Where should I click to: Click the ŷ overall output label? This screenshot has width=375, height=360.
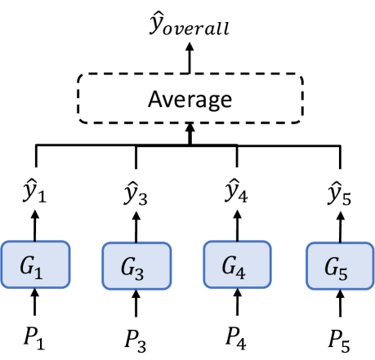pos(190,27)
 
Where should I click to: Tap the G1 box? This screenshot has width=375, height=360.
pos(36,265)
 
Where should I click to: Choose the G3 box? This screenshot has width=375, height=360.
pos(136,266)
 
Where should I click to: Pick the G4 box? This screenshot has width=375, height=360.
pos(237,265)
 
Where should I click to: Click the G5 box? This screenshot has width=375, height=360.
pos(338,266)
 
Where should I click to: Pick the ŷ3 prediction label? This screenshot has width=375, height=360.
pos(136,194)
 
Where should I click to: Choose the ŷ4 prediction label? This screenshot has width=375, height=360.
pos(237,194)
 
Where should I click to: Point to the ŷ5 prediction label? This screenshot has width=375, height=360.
pos(338,194)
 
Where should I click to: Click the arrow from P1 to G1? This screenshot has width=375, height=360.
pos(35,304)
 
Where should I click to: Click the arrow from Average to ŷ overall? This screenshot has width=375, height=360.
pos(190,57)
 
